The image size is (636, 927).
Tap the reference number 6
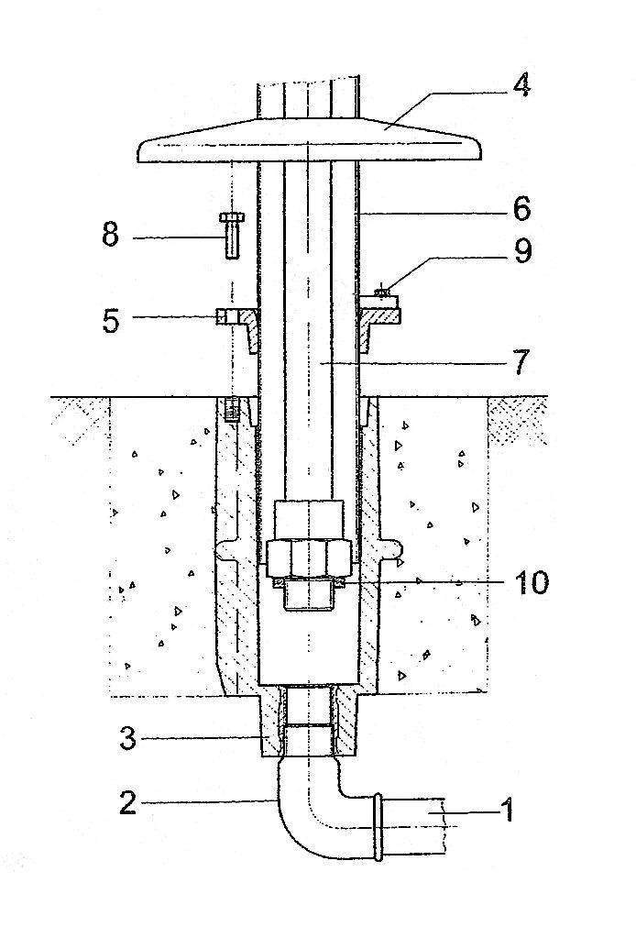[521, 209]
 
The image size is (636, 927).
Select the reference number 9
[522, 250]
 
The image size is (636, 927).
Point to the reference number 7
[520, 362]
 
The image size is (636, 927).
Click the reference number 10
[531, 583]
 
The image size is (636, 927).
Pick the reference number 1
[507, 810]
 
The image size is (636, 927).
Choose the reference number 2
[128, 803]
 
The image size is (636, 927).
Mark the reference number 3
[127, 738]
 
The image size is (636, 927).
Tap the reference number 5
[111, 320]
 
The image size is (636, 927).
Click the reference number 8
[111, 235]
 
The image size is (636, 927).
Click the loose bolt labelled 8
[232, 235]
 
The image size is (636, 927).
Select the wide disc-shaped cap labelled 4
[309, 140]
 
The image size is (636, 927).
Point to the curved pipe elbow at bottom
[319, 807]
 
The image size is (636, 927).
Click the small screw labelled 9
[383, 291]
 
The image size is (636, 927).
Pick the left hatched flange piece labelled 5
[239, 328]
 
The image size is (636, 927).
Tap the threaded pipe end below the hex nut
[308, 594]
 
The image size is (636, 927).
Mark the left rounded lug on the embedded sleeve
[225, 550]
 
